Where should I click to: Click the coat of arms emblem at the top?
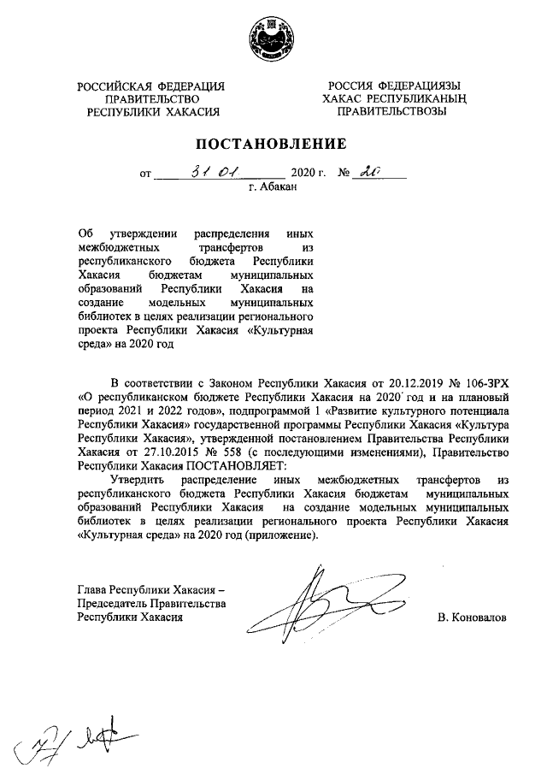[273, 38]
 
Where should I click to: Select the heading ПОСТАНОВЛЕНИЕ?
[273, 143]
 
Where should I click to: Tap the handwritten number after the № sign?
[372, 173]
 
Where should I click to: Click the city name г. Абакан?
[271, 187]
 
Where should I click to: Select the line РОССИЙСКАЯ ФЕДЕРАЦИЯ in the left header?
[150, 86]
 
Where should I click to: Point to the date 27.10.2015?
[154, 452]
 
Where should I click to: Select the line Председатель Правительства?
[150, 605]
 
